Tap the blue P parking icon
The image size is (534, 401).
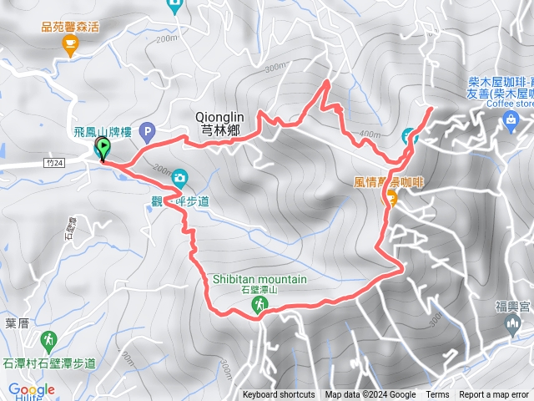[x=147, y=130]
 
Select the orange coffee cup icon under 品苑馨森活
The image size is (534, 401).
[x=69, y=43]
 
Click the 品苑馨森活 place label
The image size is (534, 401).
[x=69, y=26]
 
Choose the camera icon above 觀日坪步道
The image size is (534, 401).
[x=179, y=178]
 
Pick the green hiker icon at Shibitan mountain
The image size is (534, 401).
[x=259, y=307]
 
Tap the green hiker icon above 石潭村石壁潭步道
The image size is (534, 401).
[x=48, y=340]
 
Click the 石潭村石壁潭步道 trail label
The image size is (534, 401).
[x=49, y=363]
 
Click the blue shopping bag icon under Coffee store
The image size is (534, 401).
[x=510, y=122]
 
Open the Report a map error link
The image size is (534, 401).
[x=494, y=395]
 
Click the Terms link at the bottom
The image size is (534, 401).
[x=437, y=395]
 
